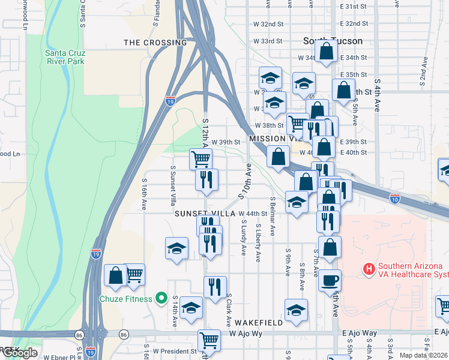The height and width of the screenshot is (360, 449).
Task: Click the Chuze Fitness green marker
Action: pos(161,298)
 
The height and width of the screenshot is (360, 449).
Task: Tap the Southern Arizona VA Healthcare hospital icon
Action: pos(369,270)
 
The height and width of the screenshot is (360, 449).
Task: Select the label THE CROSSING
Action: pos(155,43)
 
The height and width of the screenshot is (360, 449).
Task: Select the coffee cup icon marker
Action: pos(329,280)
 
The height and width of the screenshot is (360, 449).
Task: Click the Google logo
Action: pos(19,353)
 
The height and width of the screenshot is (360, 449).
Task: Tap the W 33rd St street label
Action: pos(268,41)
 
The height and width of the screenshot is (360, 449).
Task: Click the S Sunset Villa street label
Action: pos(173,186)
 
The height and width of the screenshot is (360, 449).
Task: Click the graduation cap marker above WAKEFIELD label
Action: pos(296,310)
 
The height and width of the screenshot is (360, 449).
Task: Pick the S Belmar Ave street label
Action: pos(273,215)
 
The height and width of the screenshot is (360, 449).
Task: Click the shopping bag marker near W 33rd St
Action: pos(326,51)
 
